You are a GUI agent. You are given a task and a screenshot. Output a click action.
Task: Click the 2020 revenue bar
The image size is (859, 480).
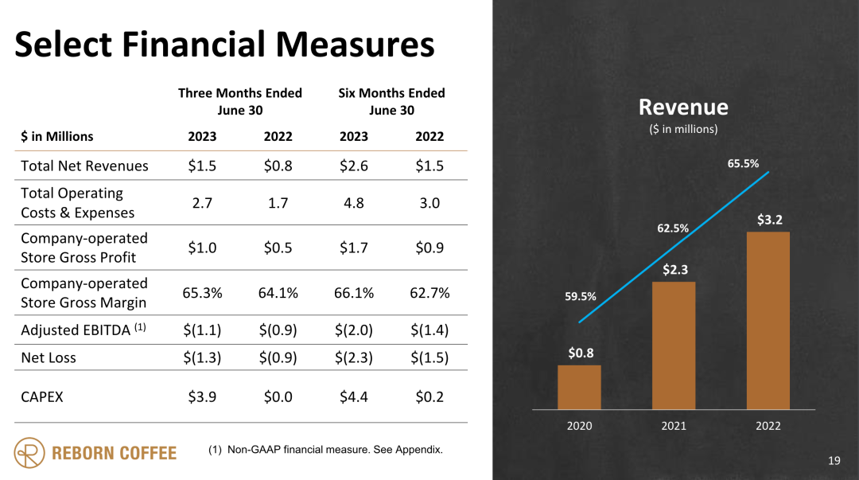579,387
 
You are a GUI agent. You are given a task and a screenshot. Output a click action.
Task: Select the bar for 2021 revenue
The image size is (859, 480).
674,345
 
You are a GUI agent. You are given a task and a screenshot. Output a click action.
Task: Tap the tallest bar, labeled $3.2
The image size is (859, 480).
768,320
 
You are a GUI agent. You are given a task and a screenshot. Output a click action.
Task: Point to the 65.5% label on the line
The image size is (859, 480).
743,163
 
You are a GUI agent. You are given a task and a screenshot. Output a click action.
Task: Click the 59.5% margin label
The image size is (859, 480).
581,296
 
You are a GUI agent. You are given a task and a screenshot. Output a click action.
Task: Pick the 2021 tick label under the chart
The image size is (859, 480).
674,426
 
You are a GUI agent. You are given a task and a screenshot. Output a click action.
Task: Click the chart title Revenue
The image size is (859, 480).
683,107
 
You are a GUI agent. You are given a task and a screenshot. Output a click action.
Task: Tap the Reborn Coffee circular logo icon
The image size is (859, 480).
29,452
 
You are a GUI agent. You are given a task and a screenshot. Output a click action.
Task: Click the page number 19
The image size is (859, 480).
834,460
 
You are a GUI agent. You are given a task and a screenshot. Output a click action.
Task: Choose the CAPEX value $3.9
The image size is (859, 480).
202,396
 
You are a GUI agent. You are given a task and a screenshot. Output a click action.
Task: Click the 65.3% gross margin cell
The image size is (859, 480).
202,293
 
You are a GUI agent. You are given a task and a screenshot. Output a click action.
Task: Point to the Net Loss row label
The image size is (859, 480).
49,357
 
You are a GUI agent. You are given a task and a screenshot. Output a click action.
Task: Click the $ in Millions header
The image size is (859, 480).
56,136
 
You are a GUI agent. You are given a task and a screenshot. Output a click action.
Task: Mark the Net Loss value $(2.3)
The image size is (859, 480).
354,357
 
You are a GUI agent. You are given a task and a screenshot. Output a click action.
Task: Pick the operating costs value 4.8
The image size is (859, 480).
354,203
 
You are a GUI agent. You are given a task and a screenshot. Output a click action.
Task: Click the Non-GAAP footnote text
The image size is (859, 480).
325,450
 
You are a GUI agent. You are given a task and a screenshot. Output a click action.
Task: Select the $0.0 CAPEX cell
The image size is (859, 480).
278,396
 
